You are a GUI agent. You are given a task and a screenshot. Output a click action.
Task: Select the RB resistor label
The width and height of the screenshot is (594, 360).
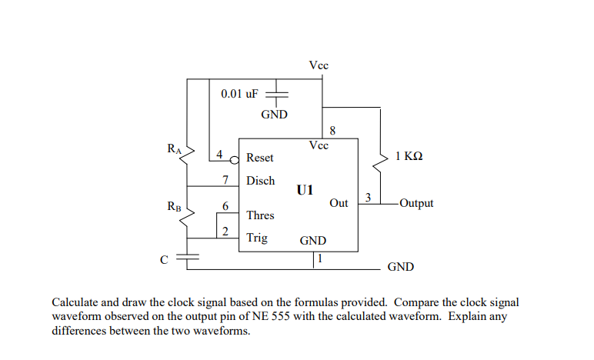click(x=174, y=206)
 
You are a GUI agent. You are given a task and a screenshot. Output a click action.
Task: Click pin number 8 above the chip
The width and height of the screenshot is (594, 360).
click(x=332, y=131)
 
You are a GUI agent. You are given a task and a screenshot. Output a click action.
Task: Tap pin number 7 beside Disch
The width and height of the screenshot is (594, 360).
click(x=225, y=180)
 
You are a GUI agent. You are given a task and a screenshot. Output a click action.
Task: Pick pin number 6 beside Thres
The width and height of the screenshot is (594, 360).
click(x=225, y=206)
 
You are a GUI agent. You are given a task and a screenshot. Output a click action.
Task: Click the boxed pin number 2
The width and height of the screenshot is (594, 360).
click(x=225, y=232)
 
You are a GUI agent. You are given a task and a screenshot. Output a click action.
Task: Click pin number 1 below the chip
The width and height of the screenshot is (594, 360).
click(x=320, y=258)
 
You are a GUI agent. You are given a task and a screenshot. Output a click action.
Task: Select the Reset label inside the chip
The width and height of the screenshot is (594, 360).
click(x=259, y=158)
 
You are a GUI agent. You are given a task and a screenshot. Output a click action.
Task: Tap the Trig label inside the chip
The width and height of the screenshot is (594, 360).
click(x=257, y=238)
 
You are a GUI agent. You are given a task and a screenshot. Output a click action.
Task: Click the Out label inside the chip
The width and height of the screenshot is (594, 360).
click(x=339, y=203)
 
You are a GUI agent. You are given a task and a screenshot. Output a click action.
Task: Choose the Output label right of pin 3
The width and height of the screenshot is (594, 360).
click(x=416, y=203)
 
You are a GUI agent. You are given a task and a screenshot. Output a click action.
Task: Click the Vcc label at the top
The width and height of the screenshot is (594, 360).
click(x=319, y=66)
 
